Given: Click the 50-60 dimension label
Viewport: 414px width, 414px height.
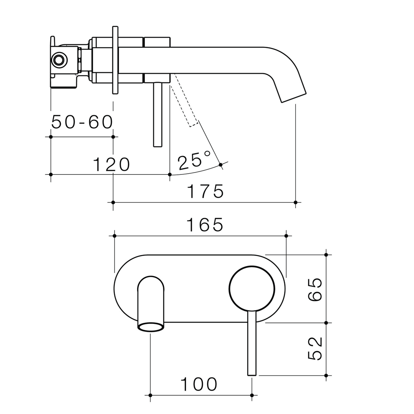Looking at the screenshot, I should pyautogui.click(x=82, y=122).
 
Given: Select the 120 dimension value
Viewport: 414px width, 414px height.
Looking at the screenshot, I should pyautogui.click(x=112, y=164).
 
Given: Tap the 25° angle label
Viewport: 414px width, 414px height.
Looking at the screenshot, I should pyautogui.click(x=194, y=160).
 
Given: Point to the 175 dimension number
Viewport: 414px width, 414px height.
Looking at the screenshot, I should pyautogui.click(x=205, y=191).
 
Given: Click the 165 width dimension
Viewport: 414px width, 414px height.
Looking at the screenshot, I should pyautogui.click(x=205, y=225).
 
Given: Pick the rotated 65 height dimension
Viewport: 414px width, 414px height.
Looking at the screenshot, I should pyautogui.click(x=315, y=289).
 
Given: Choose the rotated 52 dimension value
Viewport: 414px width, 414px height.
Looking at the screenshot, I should pyautogui.click(x=315, y=348).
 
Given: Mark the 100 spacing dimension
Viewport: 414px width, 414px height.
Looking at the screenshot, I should pyautogui.click(x=199, y=384).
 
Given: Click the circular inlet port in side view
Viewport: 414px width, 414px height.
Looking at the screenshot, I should pyautogui.click(x=59, y=60).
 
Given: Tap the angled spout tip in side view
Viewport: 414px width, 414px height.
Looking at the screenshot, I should pyautogui.click(x=294, y=97).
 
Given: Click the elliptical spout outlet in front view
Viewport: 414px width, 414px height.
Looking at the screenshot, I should pyautogui.click(x=151, y=327).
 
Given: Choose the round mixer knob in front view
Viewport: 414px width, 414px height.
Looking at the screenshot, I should pyautogui.click(x=252, y=289).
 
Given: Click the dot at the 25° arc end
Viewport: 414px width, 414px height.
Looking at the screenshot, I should pyautogui.click(x=220, y=165).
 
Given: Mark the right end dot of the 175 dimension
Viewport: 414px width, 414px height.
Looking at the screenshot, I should pyautogui.click(x=295, y=202).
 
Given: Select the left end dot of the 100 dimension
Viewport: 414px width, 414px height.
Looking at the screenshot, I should pyautogui.click(x=150, y=395).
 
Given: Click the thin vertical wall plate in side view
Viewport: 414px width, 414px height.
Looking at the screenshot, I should pyautogui.click(x=115, y=60).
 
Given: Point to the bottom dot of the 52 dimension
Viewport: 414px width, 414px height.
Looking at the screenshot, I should pyautogui.click(x=326, y=375).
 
